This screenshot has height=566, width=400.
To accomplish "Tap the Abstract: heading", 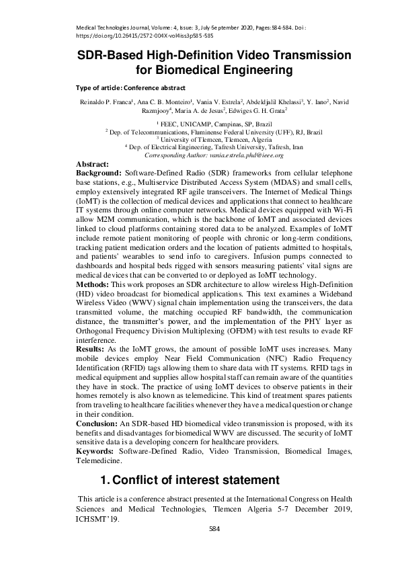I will click(x=93, y=164).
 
